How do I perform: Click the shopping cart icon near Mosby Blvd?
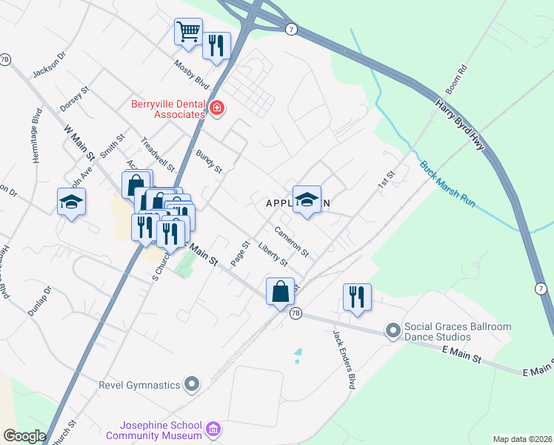point(189,33)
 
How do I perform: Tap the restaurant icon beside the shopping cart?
point(216,46)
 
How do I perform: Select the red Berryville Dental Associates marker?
point(216,109)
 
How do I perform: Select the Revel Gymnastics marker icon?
point(192,384)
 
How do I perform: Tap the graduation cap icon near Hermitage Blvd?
point(71,202)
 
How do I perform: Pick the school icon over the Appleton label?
point(307,200)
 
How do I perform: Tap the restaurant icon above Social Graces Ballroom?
point(357,297)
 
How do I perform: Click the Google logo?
point(24,436)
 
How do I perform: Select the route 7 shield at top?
point(291,28)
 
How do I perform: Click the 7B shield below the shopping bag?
point(296,314)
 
